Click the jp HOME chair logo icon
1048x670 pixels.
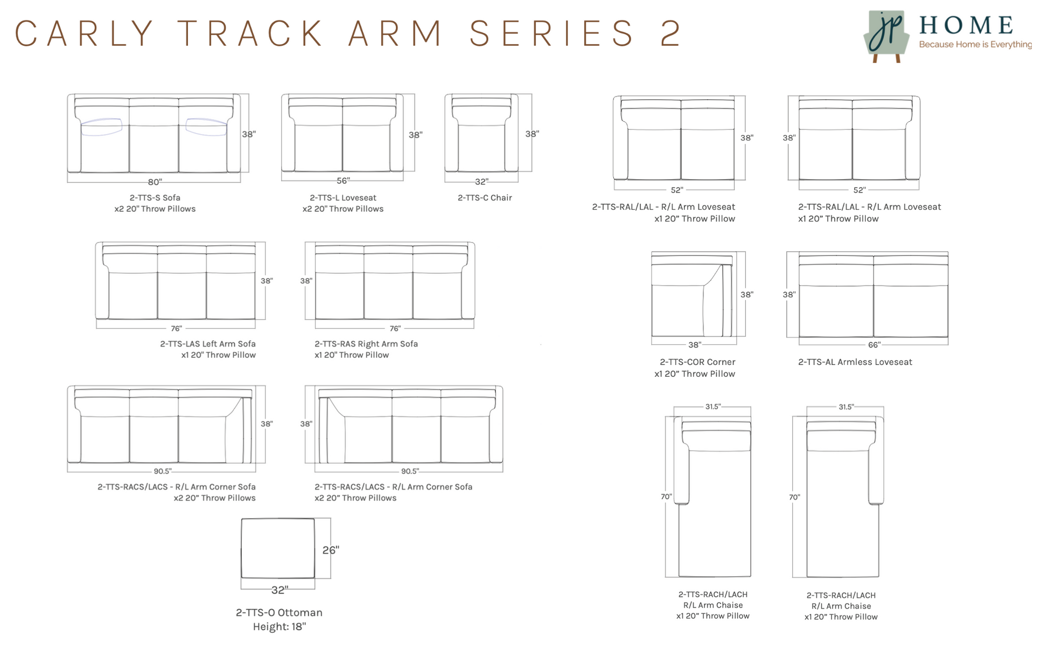pyautogui.click(x=886, y=36)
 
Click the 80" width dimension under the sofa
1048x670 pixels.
pyautogui.click(x=155, y=182)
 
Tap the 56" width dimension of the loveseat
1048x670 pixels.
pyautogui.click(x=343, y=181)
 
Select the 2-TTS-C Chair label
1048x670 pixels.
pyautogui.click(x=485, y=198)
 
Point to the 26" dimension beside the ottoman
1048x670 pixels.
pyautogui.click(x=331, y=550)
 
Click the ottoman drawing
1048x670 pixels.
pyautogui.click(x=278, y=548)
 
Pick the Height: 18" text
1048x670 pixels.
pyautogui.click(x=279, y=627)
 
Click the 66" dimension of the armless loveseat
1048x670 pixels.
pyautogui.click(x=874, y=345)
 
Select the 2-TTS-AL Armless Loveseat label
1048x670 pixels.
pyautogui.click(x=855, y=362)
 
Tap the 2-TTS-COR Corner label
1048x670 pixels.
pyautogui.click(x=697, y=362)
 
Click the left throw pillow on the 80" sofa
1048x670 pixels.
pyautogui.click(x=101, y=127)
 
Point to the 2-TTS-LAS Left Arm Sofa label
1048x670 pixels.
pyautogui.click(x=207, y=344)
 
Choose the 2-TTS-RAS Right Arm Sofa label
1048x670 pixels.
pyautogui.click(x=366, y=344)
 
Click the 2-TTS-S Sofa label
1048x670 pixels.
pyautogui.click(x=155, y=198)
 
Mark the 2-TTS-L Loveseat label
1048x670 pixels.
pyautogui.click(x=343, y=198)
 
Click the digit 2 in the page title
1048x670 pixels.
pyautogui.click(x=670, y=33)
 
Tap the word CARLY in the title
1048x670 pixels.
pyautogui.click(x=85, y=33)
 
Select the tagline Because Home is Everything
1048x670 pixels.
pyautogui.click(x=975, y=45)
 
